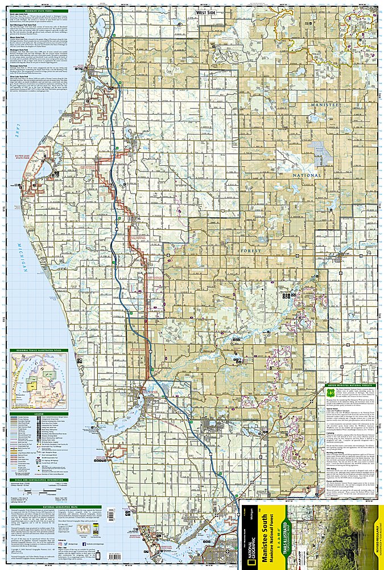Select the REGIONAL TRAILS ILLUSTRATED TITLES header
pyautogui.click(x=38, y=350)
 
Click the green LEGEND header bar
pyautogui.click(x=38, y=414)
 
